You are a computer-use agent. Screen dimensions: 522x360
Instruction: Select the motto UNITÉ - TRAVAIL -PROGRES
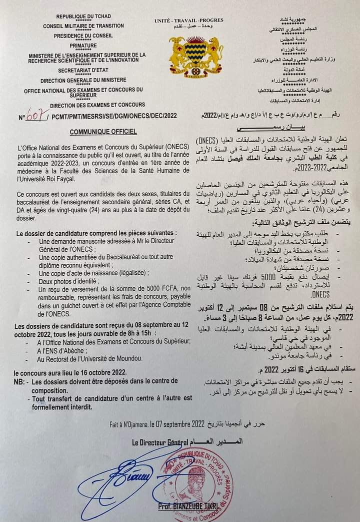(x=188, y=20)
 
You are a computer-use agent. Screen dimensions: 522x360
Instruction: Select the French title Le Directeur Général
(x=160, y=442)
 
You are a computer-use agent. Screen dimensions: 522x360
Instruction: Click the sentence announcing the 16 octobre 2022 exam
(x=70, y=372)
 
